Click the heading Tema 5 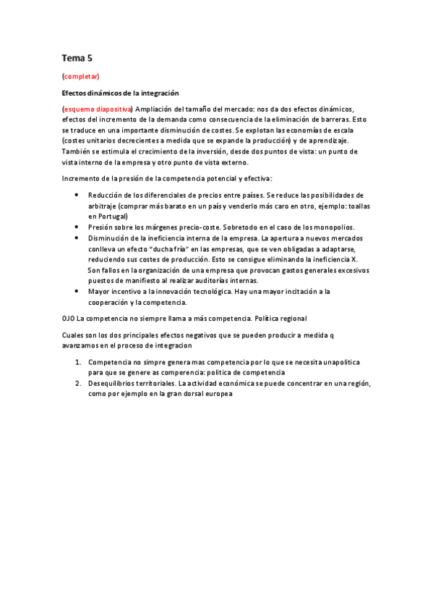tap(77, 57)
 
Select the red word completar tap(82, 76)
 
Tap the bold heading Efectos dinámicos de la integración tap(120, 93)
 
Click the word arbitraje tap(104, 206)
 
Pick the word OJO tap(68, 318)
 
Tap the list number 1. tap(78, 361)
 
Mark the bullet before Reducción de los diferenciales tap(77, 195)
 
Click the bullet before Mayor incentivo tap(77, 291)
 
